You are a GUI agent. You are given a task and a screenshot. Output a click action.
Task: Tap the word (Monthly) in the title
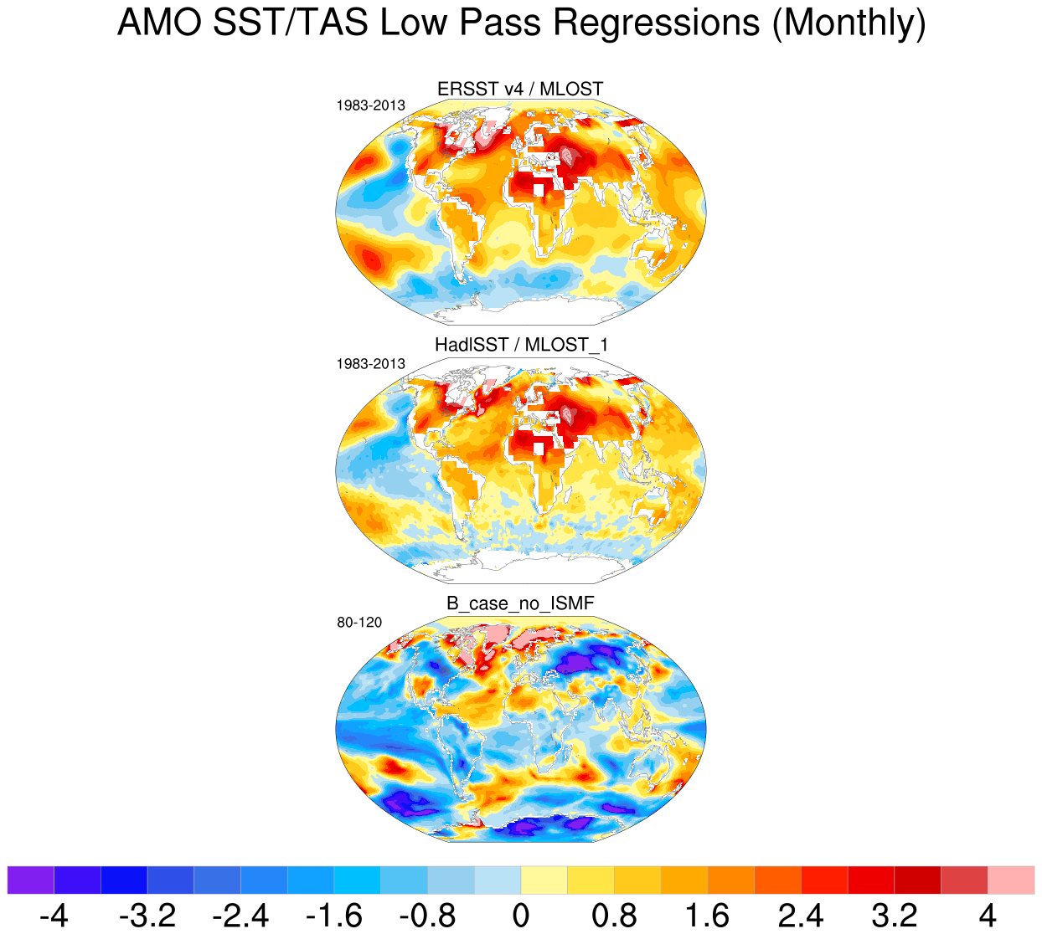(x=849, y=23)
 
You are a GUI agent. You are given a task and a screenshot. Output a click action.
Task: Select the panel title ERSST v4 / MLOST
(x=520, y=89)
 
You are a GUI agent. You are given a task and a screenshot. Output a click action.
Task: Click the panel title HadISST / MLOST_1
(x=520, y=345)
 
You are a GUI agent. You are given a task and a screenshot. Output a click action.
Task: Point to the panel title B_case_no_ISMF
(x=520, y=603)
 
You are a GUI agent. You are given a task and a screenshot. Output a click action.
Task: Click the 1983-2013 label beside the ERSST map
(x=370, y=105)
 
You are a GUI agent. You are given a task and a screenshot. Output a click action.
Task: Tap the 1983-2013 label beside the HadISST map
(x=370, y=364)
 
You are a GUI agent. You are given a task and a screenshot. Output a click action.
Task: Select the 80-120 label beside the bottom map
(x=359, y=623)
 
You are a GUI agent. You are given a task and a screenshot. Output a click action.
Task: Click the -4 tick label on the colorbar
(x=54, y=915)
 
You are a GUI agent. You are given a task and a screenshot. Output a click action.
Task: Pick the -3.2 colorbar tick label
(x=147, y=915)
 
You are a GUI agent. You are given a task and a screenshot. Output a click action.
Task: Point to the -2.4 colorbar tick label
(x=240, y=915)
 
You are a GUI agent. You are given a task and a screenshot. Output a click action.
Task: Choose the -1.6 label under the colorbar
(x=334, y=915)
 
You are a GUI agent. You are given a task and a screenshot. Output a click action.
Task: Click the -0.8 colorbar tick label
(x=427, y=915)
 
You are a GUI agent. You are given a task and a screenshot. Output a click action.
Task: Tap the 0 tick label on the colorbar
(x=521, y=915)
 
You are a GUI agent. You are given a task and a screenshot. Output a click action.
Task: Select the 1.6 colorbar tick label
(x=708, y=915)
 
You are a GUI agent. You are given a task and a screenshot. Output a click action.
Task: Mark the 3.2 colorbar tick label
(x=895, y=915)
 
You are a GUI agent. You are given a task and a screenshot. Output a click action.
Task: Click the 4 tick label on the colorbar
(x=988, y=915)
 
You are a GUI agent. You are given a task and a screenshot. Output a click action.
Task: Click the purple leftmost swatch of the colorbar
(x=30, y=880)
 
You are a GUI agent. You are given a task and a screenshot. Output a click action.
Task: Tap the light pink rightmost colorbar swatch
(x=1011, y=880)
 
